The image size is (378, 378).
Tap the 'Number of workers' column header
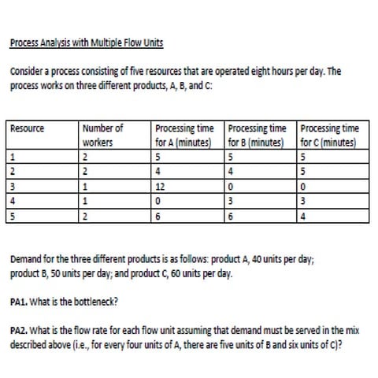tap(102, 135)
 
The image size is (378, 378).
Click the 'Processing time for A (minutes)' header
tap(187, 135)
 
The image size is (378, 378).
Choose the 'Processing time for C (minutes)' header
tap(329, 135)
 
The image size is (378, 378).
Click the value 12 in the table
tap(160, 187)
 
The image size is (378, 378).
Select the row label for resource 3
tap(13, 187)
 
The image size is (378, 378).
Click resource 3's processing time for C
tap(303, 187)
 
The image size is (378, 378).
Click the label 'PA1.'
tap(20, 300)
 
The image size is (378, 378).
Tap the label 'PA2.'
tap(20, 331)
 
